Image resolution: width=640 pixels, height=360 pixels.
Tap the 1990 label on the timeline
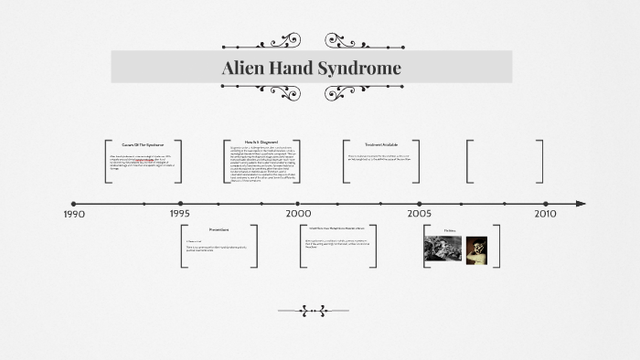coord(75,214)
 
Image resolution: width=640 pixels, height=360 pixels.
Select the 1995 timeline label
coord(180,213)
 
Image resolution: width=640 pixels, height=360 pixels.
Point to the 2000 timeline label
coord(298,213)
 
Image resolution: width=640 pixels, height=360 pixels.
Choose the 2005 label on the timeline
coord(420,213)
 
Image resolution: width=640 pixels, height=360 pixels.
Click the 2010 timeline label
coord(545,213)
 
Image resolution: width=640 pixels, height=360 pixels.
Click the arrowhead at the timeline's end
coord(581,204)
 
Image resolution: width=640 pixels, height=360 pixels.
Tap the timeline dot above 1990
coord(74,204)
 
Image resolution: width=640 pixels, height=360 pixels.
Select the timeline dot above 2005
coord(420,204)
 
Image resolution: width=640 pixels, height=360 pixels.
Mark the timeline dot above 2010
coord(546,204)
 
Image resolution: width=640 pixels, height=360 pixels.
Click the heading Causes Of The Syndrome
coord(142,144)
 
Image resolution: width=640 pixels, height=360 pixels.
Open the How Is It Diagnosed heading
coord(261,143)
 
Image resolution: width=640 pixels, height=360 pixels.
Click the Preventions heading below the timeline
coord(219,229)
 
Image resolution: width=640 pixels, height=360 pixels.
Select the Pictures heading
coord(450,230)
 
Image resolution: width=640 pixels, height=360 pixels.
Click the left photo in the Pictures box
coord(443,248)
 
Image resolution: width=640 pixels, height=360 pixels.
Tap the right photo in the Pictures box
coord(476,248)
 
